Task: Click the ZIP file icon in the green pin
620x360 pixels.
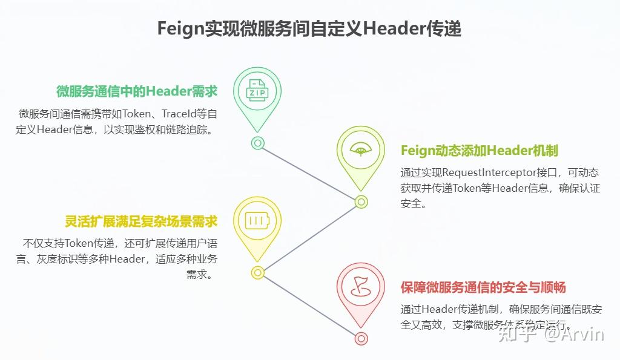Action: [257, 92]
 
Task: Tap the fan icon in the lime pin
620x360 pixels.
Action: [361, 150]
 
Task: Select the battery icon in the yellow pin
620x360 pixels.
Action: [257, 221]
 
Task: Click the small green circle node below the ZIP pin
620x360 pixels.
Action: [257, 143]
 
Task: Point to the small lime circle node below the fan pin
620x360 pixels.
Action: [361, 201]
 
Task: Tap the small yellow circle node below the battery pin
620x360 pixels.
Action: [257, 272]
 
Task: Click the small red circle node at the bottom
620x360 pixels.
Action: [361, 338]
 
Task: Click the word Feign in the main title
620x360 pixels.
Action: [179, 28]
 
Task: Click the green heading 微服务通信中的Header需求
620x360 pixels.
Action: [137, 91]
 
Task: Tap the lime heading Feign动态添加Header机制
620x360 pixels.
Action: [479, 150]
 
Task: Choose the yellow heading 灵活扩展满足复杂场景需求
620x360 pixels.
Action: [141, 221]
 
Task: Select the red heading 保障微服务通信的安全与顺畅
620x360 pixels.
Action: [483, 287]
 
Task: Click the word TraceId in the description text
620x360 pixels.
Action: [181, 113]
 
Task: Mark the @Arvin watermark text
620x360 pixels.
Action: [573, 334]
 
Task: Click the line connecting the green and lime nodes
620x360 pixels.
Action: [309, 172]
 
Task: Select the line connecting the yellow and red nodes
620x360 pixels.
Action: [309, 305]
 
